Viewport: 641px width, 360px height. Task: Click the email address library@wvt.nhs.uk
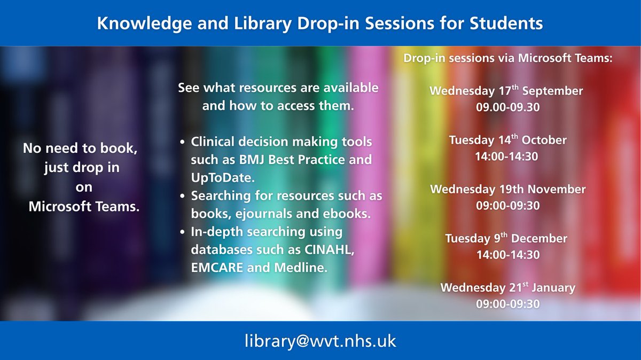coord(320,341)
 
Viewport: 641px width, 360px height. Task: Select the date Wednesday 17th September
coord(506,91)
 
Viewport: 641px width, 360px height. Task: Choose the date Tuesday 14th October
coord(507,140)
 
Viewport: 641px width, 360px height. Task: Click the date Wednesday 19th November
coord(507,190)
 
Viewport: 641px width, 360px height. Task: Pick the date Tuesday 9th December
coord(506,238)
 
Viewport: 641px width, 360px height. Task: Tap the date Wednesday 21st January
coord(507,288)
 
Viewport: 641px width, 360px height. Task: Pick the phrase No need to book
coord(81,150)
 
